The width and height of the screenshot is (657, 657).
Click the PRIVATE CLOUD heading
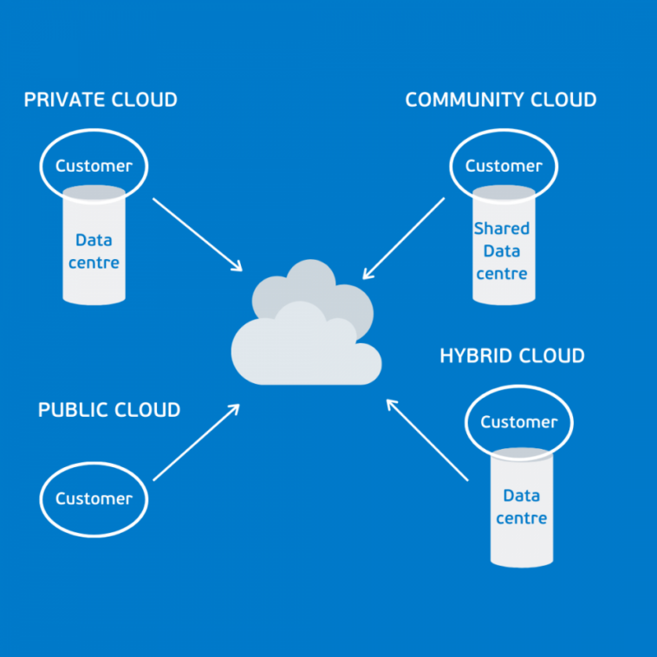point(101,100)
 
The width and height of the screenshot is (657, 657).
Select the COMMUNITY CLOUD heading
point(501,100)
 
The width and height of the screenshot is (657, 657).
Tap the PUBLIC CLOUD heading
point(109,410)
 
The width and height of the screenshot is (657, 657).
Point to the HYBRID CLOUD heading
point(512,355)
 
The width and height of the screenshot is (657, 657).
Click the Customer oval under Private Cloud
point(94,166)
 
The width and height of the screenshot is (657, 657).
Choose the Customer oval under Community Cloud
point(504,166)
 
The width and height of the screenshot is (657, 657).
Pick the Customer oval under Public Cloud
point(94,498)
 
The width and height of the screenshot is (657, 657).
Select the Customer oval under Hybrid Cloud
point(518,422)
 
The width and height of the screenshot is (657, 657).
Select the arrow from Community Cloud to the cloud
point(404,237)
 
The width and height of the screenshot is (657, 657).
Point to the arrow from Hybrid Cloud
point(426,439)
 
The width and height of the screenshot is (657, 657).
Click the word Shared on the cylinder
point(501,229)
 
